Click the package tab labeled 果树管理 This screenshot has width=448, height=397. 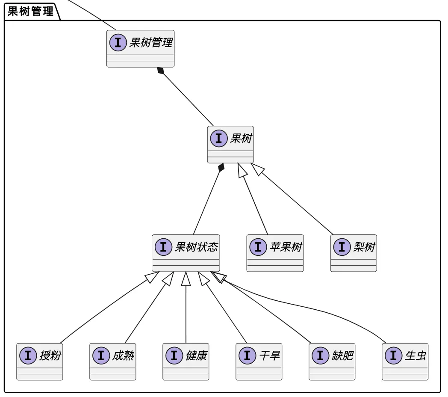coord(31,11)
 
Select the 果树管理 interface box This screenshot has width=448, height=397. coord(140,49)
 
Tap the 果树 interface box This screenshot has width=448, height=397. coord(230,145)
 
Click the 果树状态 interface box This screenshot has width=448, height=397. coord(186,253)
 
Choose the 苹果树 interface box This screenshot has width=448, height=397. coord(275,253)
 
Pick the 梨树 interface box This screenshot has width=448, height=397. coord(354,253)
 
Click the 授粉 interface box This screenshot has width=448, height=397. coord(40,361)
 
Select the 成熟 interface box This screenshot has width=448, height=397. coord(113,361)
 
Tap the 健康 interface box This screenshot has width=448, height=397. coord(186,361)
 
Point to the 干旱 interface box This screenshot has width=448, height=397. coord(259,361)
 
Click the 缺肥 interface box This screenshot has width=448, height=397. coord(332,361)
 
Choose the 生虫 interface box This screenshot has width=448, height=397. coord(405,361)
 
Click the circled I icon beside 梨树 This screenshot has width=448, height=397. coord(342,247)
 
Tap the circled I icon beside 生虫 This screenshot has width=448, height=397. coord(393,356)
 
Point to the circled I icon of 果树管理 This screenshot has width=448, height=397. coord(118,42)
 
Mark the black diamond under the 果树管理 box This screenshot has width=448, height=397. coord(161,71)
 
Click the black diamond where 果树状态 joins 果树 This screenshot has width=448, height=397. coord(221,167)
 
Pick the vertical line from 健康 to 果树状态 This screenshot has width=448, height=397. coord(186,317)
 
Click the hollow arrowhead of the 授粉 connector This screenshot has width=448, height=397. coord(152,277)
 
